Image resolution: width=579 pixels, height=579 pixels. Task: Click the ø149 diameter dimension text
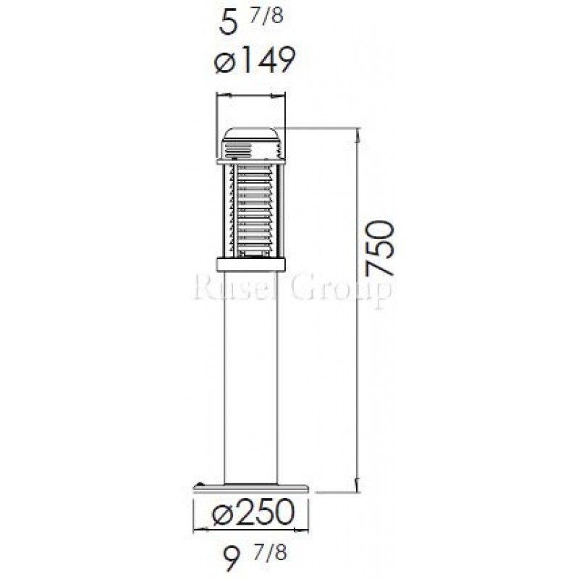pyautogui.click(x=255, y=60)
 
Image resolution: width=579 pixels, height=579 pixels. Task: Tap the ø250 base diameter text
pyautogui.click(x=253, y=512)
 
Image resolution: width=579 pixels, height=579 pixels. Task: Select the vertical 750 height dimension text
pyautogui.click(x=379, y=248)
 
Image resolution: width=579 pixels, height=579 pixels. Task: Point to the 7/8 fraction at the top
pyautogui.click(x=266, y=16)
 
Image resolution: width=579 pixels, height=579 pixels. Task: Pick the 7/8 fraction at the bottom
pyautogui.click(x=269, y=554)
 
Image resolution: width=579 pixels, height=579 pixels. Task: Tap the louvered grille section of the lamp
pyautogui.click(x=250, y=211)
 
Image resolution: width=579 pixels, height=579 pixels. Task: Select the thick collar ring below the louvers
pyautogui.click(x=250, y=264)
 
